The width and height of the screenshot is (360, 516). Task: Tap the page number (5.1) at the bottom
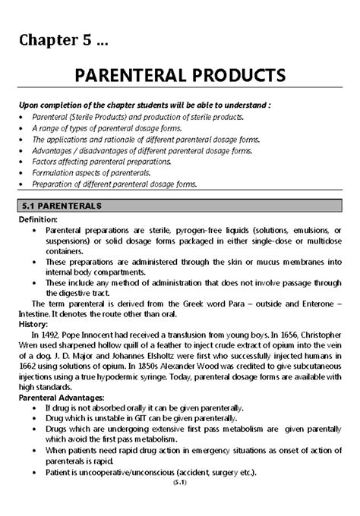pyautogui.click(x=180, y=504)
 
